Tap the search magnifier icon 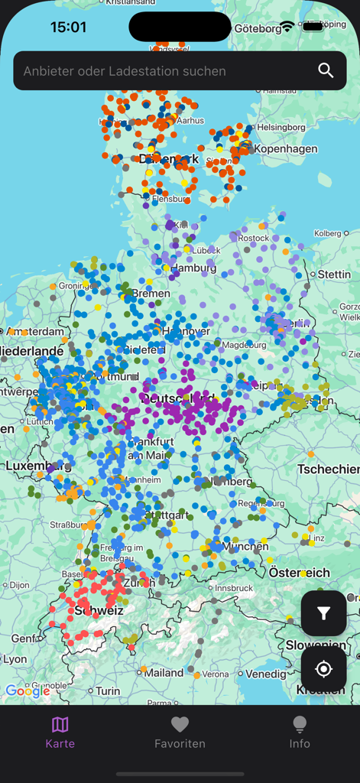click(x=326, y=71)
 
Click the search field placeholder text click(x=125, y=71)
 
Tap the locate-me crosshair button click(x=323, y=670)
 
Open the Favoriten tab click(x=180, y=733)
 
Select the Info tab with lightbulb click(x=300, y=733)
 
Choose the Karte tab click(x=60, y=733)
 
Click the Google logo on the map click(x=28, y=691)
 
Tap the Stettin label click(x=335, y=274)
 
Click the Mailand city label click(x=164, y=673)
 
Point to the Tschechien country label click(x=328, y=469)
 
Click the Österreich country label click(x=299, y=573)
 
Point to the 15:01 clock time click(x=68, y=27)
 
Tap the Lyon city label click(x=15, y=659)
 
